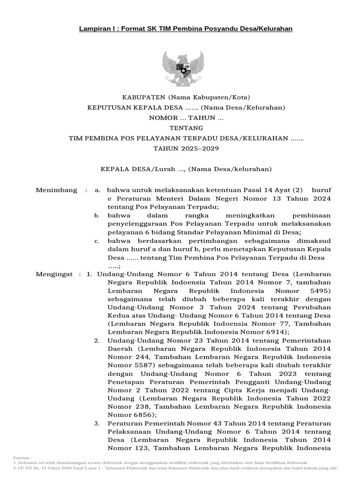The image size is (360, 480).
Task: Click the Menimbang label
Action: click(56, 190)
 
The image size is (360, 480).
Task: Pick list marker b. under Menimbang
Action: click(97, 215)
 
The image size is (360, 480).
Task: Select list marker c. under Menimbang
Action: click(97, 241)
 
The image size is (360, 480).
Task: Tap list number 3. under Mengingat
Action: click(97, 424)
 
